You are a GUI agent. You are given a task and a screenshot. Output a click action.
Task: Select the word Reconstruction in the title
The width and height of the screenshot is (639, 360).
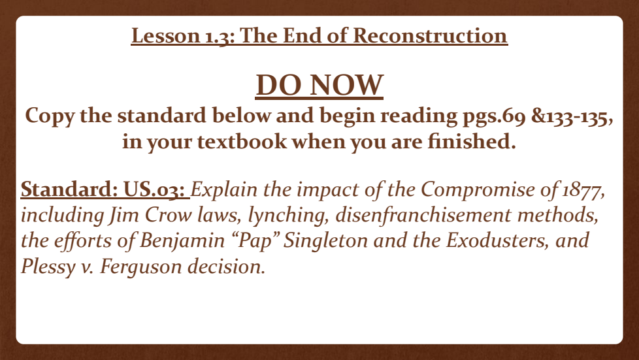[430, 35]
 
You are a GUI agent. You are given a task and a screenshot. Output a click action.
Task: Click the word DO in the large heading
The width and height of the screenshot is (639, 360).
[280, 85]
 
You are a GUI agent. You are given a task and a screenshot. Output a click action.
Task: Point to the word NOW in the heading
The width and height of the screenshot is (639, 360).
[346, 85]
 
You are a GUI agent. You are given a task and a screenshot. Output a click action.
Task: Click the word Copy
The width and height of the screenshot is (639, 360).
[50, 116]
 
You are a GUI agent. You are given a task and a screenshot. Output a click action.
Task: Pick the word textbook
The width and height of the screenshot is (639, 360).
[242, 142]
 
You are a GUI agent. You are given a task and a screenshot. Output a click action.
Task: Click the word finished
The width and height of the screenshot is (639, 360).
[472, 141]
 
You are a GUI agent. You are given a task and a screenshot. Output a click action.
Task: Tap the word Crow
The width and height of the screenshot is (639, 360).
[167, 215]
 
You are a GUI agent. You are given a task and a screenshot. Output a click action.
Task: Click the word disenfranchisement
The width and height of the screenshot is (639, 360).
[423, 215]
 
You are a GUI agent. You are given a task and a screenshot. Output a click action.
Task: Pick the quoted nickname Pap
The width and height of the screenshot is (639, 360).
[255, 241]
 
